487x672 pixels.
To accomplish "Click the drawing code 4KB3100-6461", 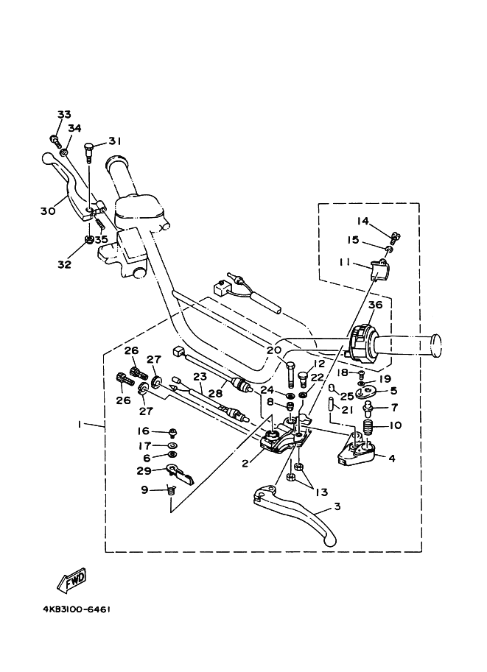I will tap(77, 610).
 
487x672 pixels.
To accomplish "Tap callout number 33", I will tap(64, 114).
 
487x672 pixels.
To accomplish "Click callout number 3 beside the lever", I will tap(337, 506).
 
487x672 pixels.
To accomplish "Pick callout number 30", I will tap(48, 211).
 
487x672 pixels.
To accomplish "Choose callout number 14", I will tap(362, 221).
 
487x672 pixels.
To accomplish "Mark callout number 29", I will tap(144, 471).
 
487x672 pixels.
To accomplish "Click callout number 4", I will tap(392, 459).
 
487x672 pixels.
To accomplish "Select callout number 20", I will tap(274, 350).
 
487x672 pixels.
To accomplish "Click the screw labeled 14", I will tap(396, 236).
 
